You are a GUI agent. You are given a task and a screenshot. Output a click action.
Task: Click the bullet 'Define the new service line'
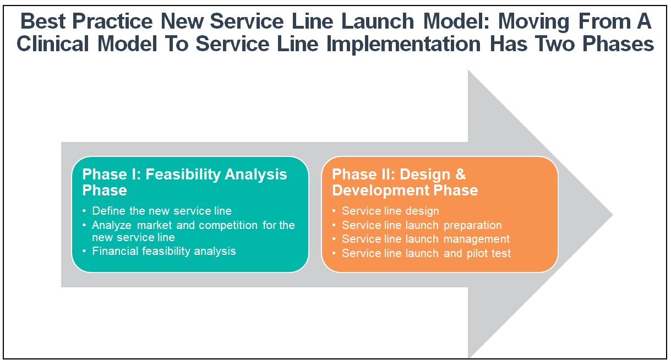click(162, 211)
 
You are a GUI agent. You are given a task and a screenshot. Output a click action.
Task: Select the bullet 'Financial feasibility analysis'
click(164, 251)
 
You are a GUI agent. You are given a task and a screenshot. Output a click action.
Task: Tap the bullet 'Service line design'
click(390, 211)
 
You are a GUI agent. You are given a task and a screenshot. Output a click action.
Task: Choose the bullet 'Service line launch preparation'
click(422, 225)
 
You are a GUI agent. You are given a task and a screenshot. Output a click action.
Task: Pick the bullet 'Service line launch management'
click(425, 239)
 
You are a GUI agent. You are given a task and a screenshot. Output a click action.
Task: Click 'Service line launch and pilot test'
click(426, 253)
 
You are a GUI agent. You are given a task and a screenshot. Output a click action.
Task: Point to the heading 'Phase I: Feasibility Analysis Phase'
click(184, 182)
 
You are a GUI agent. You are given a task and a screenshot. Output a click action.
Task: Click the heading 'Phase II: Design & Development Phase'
click(405, 182)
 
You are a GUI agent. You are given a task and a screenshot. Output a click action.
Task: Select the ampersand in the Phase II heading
click(460, 174)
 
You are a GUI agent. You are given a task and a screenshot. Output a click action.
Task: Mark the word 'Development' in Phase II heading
click(383, 190)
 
